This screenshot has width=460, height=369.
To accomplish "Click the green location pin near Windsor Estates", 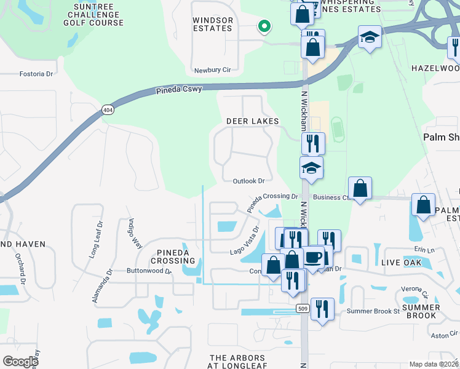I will (x=264, y=26).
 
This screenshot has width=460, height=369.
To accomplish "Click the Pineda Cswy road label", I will (x=178, y=91).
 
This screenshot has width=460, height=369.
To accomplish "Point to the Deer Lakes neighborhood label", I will (x=252, y=121).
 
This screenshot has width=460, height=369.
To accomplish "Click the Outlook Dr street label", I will (x=248, y=181).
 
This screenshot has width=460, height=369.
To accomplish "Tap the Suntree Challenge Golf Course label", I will (x=93, y=15).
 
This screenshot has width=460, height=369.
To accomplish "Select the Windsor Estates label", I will (x=213, y=24).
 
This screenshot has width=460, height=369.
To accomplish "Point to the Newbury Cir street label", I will (x=212, y=70).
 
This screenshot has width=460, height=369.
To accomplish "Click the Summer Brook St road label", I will (x=373, y=311).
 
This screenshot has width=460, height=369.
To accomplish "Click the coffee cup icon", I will (x=313, y=256).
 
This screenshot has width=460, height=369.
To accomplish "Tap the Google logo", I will (x=20, y=361).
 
